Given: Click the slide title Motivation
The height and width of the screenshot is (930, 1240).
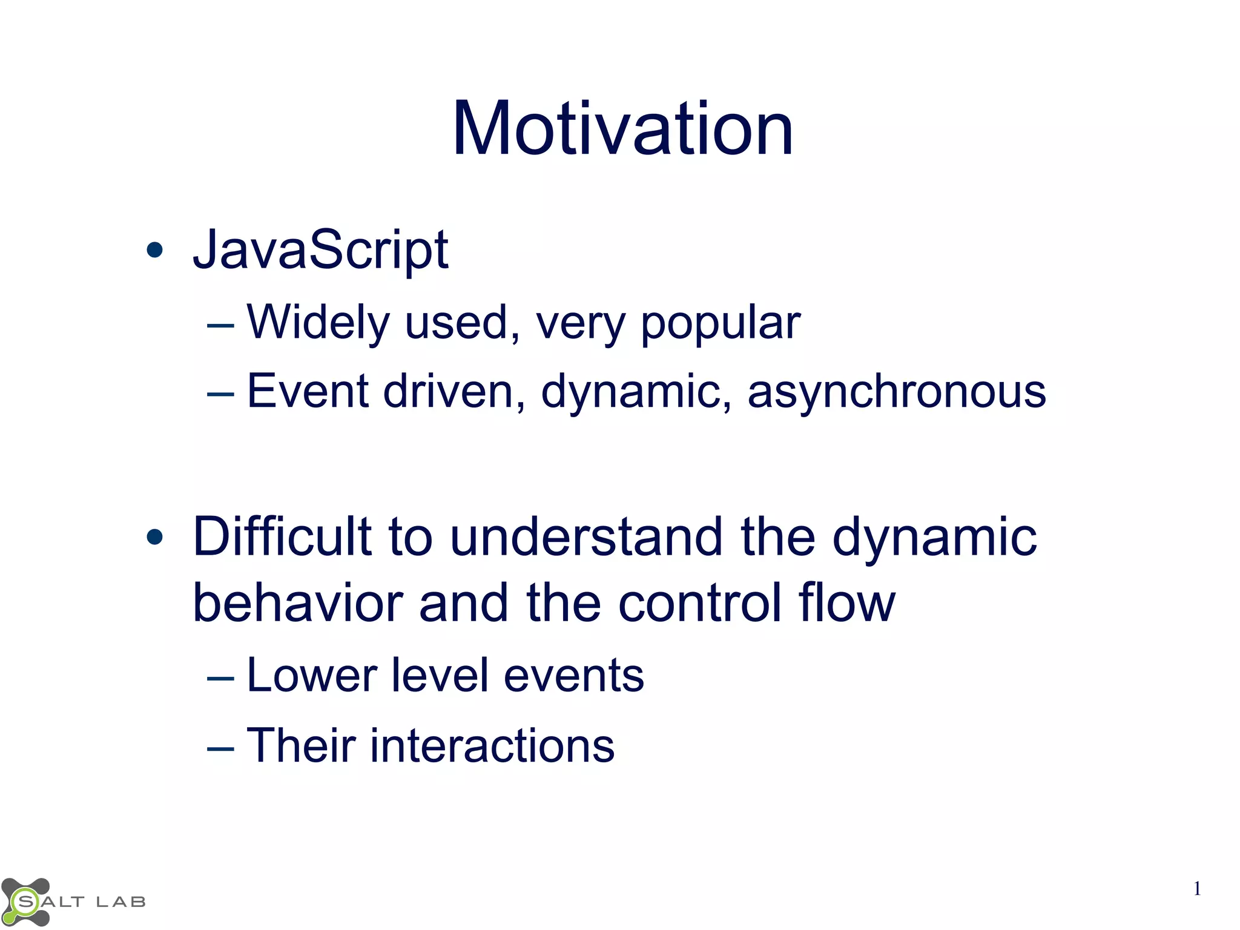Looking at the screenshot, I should pyautogui.click(x=622, y=129).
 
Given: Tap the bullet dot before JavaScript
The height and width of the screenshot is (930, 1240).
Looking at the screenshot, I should pyautogui.click(x=155, y=249).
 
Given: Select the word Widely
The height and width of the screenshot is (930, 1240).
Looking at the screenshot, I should pyautogui.click(x=318, y=322).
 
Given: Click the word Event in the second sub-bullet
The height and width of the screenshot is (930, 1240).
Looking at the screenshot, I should pyautogui.click(x=308, y=391).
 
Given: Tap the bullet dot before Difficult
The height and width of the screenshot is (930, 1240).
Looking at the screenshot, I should pyautogui.click(x=155, y=536).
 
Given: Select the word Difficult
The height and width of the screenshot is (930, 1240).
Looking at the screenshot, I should pyautogui.click(x=282, y=536).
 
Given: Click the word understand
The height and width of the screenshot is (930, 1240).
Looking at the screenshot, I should pyautogui.click(x=586, y=536).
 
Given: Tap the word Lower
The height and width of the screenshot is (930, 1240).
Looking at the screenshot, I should pyautogui.click(x=312, y=675).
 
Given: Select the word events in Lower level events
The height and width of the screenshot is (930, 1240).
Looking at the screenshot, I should pyautogui.click(x=573, y=675).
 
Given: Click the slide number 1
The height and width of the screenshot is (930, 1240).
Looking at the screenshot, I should pyautogui.click(x=1196, y=889).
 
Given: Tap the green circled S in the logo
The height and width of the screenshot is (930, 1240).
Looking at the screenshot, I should pyautogui.click(x=25, y=902).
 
